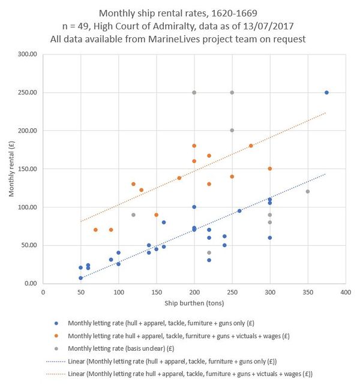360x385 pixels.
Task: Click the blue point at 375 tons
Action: pyautogui.click(x=326, y=92)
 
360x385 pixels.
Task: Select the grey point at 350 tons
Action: pyautogui.click(x=308, y=191)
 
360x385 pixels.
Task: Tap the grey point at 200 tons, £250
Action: pyautogui.click(x=194, y=92)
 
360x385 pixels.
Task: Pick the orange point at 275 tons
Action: pyautogui.click(x=251, y=146)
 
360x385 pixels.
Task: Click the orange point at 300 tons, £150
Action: pyautogui.click(x=270, y=169)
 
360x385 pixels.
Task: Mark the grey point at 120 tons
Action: pyautogui.click(x=133, y=215)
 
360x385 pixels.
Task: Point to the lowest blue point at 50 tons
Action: pyautogui.click(x=80, y=278)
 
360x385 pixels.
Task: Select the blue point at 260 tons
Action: pyautogui.click(x=239, y=210)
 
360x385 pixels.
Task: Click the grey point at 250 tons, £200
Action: pyautogui.click(x=232, y=130)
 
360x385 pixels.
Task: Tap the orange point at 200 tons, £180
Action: pyautogui.click(x=194, y=146)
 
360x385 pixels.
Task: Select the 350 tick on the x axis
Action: pyautogui.click(x=308, y=293)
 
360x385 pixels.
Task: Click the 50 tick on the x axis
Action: pyautogui.click(x=80, y=293)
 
